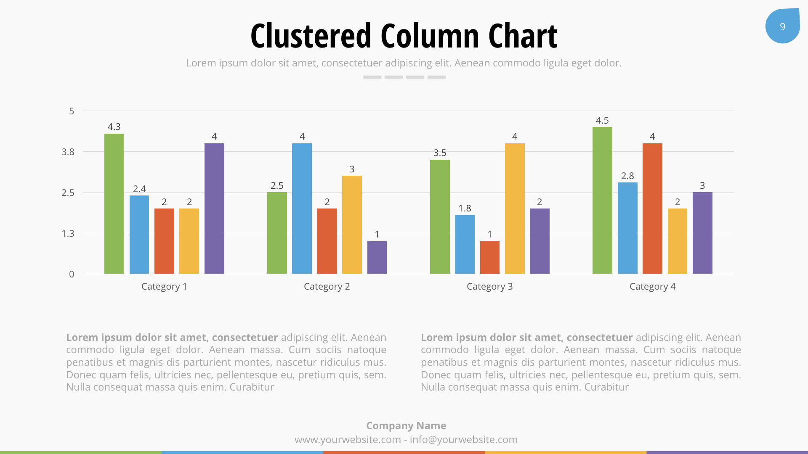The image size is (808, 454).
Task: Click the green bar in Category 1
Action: click(x=114, y=204)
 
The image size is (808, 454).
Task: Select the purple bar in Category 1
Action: click(x=214, y=209)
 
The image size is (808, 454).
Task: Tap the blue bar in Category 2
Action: click(x=302, y=209)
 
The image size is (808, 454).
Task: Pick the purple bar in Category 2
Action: click(x=377, y=257)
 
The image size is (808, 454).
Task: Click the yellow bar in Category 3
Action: click(x=515, y=209)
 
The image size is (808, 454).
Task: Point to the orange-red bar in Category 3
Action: click(x=489, y=257)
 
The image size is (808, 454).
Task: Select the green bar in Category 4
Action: click(x=602, y=201)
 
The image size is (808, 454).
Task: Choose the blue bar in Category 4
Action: click(x=627, y=228)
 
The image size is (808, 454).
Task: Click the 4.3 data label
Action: click(x=114, y=127)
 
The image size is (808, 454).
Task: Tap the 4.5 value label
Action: click(x=602, y=120)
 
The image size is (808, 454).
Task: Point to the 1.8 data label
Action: click(x=465, y=208)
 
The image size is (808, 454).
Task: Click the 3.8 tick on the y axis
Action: click(x=68, y=152)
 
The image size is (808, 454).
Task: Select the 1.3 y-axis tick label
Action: click(x=68, y=233)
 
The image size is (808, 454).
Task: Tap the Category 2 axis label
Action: click(x=327, y=286)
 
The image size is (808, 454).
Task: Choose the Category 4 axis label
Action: click(x=652, y=286)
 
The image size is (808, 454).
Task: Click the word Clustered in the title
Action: click(x=311, y=36)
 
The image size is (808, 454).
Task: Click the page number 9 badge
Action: click(x=782, y=26)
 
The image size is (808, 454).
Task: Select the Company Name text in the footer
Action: click(x=406, y=425)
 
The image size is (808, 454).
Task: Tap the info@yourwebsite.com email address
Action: click(x=463, y=439)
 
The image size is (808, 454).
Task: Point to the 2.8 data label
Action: click(x=627, y=176)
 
